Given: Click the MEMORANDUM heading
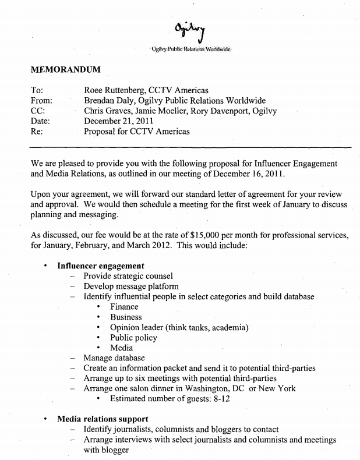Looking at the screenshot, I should [x=66, y=70].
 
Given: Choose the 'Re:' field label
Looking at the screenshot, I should [x=36, y=132].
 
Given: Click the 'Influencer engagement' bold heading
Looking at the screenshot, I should [x=101, y=266].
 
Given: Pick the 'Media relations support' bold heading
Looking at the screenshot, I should [x=103, y=419].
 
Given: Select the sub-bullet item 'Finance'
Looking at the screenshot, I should [x=124, y=307].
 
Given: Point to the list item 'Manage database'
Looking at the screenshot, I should [x=114, y=358].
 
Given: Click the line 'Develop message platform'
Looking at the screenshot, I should [x=131, y=286].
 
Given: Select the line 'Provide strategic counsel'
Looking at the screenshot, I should [x=128, y=276].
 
